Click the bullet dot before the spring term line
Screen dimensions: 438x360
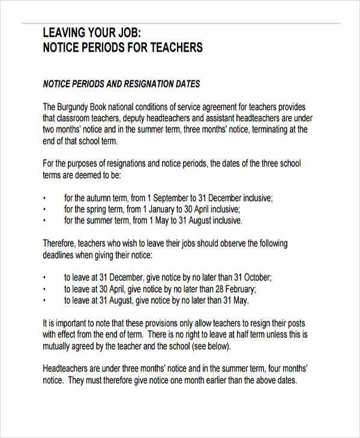pos(45,210)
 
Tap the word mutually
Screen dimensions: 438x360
pos(58,346)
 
